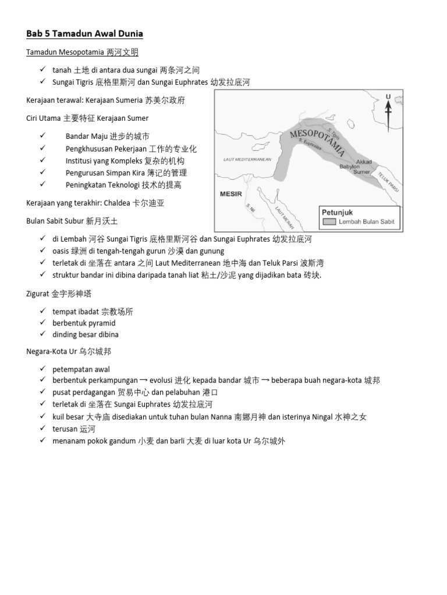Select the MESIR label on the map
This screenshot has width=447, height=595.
[x=230, y=194]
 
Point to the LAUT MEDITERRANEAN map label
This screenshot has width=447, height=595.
[x=247, y=159]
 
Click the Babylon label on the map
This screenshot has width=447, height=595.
[x=350, y=166]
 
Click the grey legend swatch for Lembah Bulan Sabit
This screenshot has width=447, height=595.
[x=329, y=221]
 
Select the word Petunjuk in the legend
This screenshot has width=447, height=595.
[x=338, y=212]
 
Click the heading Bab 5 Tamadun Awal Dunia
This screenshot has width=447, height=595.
[x=84, y=34]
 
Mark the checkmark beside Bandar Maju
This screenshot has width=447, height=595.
[x=43, y=136]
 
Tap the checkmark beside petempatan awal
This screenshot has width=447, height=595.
[x=43, y=370]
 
